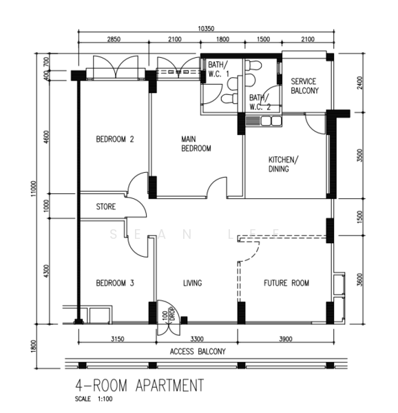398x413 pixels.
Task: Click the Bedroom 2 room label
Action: click(115, 139)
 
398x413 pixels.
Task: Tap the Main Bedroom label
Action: click(196, 144)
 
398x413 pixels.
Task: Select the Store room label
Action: click(105, 206)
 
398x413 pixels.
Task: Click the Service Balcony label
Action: click(305, 86)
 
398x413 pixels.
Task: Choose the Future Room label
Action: click(286, 283)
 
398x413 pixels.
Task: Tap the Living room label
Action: click(193, 283)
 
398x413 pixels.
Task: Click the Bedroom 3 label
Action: click(115, 283)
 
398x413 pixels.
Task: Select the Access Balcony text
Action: click(198, 352)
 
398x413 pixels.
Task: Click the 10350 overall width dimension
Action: click(206, 28)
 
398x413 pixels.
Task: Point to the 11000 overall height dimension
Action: click(34, 189)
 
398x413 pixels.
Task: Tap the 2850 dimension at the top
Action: click(114, 39)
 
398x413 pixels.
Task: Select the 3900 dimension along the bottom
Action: click(286, 339)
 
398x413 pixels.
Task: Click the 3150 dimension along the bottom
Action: click(117, 339)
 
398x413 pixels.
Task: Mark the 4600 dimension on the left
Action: click(47, 137)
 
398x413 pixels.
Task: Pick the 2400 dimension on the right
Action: click(359, 83)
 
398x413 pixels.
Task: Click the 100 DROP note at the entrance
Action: click(169, 314)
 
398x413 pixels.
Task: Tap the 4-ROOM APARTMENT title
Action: click(139, 385)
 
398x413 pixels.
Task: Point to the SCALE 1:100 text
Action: click(94, 399)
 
